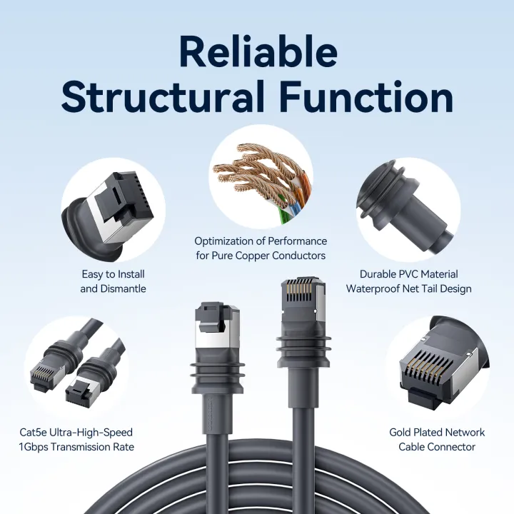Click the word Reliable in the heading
click(x=257, y=51)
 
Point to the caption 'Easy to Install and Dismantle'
click(x=113, y=281)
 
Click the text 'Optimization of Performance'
click(x=261, y=241)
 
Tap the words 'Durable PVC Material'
click(x=408, y=274)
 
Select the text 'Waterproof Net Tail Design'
click(x=408, y=289)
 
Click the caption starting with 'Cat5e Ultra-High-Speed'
click(x=76, y=432)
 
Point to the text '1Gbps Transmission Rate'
click(x=76, y=447)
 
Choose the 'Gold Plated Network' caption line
click(x=437, y=432)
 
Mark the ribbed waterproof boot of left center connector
click(x=215, y=375)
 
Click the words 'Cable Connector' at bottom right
click(x=437, y=447)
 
